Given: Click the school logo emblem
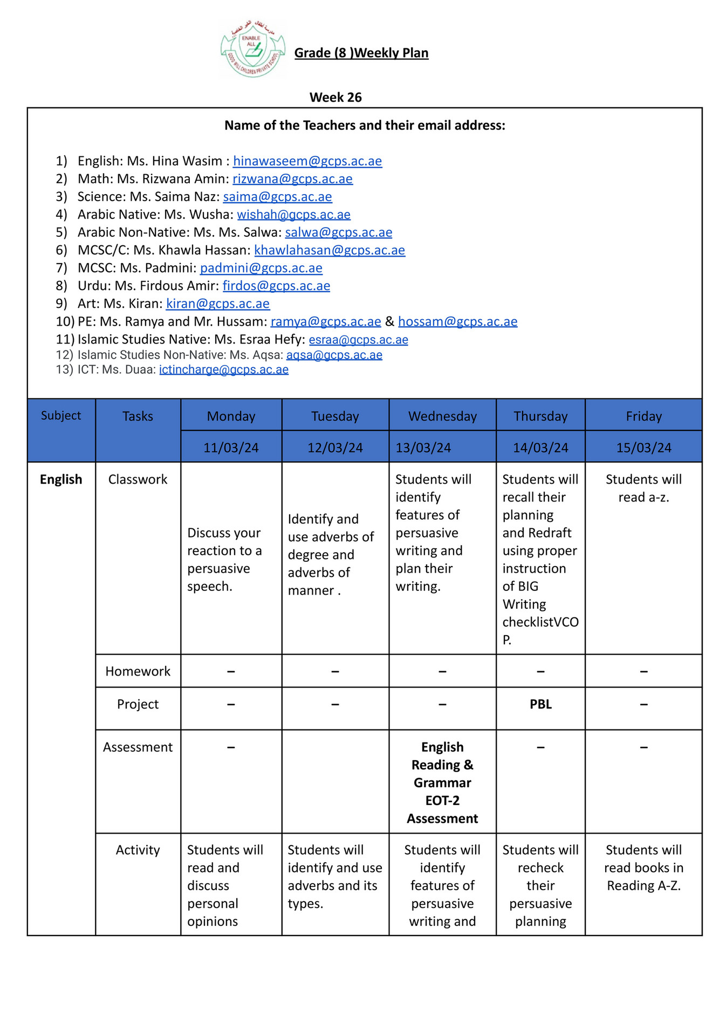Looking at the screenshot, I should pos(252,50).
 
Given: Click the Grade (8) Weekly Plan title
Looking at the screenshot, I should pos(361,53).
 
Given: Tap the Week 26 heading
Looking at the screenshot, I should pos(335,98).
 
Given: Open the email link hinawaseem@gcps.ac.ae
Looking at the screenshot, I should pos(307,161).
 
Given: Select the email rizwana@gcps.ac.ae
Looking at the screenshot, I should pos(292,179).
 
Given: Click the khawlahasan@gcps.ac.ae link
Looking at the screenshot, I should pos(330,250).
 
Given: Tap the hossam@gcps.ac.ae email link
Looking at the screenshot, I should pos(457,322).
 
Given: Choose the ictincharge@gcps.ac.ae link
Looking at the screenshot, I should pos(224,370).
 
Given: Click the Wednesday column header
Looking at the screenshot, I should pos(442,416).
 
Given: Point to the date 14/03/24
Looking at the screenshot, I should pos(540,448).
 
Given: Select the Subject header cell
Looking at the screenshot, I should pos(61,416).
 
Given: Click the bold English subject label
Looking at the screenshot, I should pos(61,479).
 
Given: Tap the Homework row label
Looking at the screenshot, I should pos(138,671).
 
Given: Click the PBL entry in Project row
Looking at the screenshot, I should pos(540,704).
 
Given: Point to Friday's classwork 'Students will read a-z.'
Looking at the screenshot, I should pos(643,488).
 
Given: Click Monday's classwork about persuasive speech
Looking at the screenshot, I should pos(224,559).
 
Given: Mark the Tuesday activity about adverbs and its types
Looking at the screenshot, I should pos(334,876).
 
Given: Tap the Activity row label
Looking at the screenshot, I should pos(138,850).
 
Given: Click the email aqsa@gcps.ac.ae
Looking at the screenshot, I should pos(334,355).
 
